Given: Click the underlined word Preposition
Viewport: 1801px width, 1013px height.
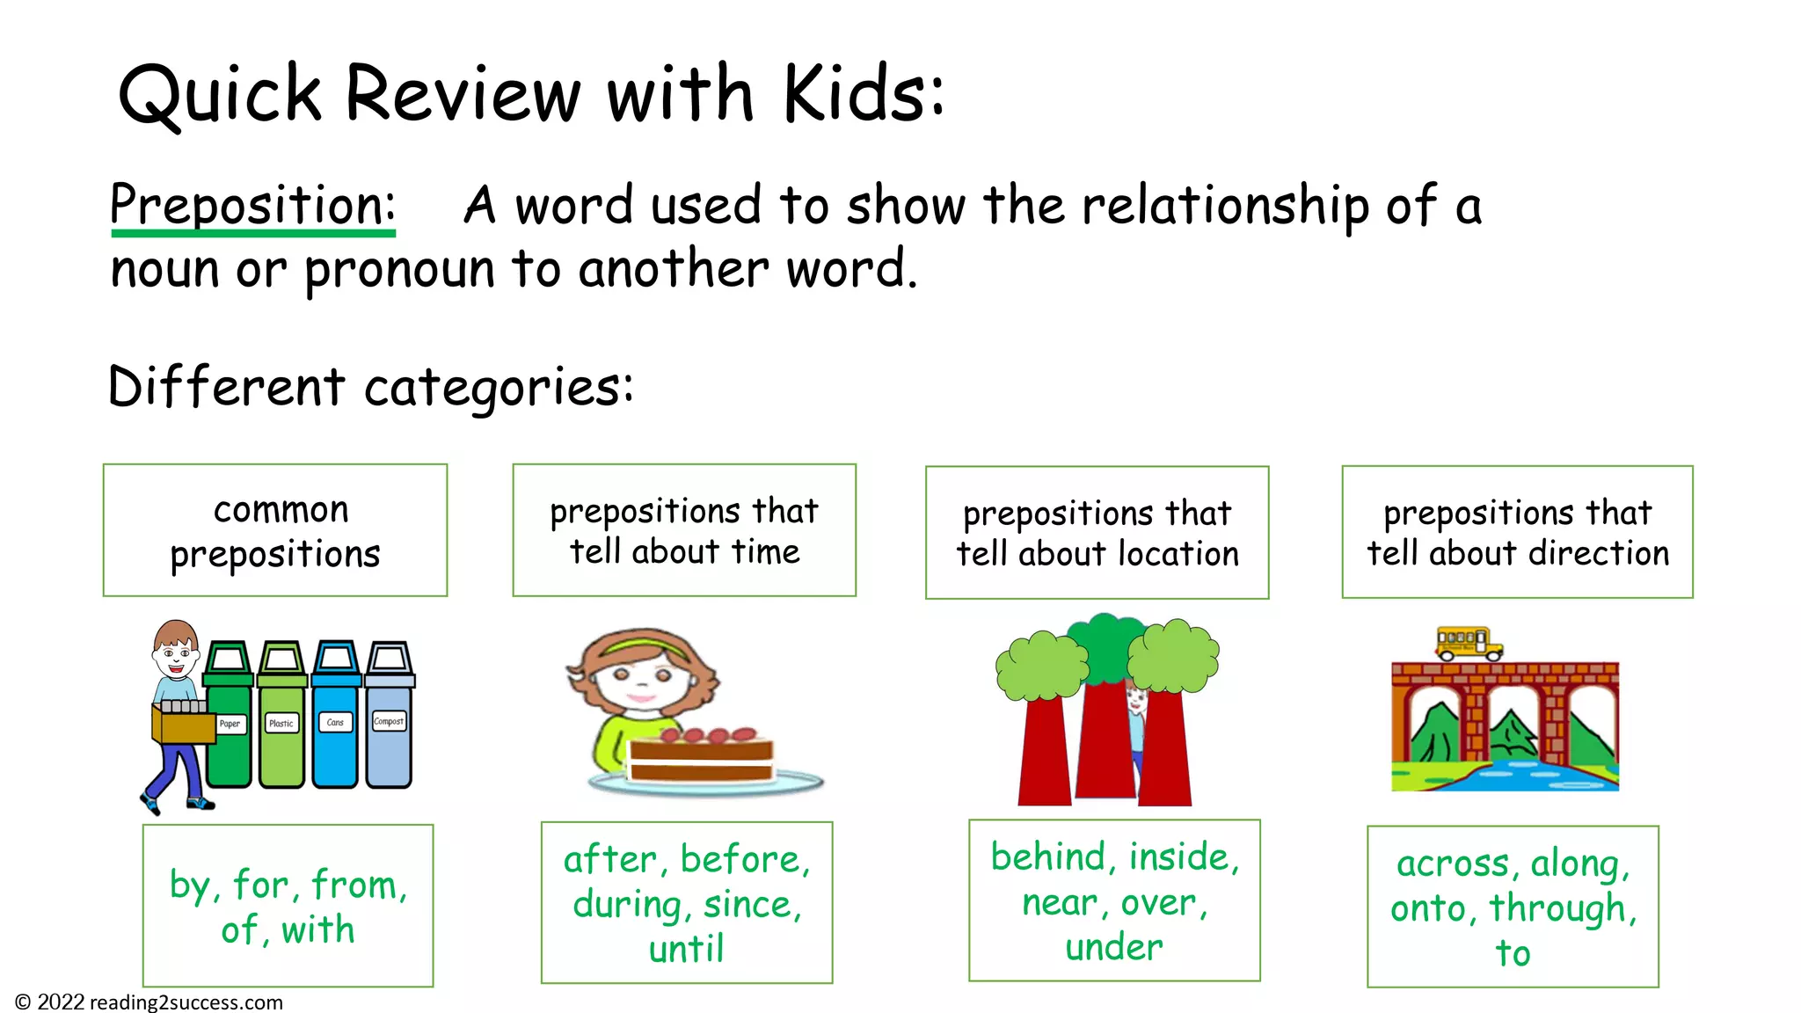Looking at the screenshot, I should click(x=252, y=205).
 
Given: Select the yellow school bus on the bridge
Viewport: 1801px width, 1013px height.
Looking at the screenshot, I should click(x=1468, y=643).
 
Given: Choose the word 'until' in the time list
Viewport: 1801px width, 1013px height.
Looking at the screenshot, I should click(x=686, y=949).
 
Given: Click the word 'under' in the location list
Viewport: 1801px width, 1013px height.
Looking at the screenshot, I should click(x=1113, y=947).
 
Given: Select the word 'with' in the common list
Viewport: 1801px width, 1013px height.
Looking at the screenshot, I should click(x=317, y=929).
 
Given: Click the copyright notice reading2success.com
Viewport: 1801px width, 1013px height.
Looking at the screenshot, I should click(x=149, y=1002).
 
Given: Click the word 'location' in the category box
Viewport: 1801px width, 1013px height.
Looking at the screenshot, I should click(x=1178, y=554).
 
